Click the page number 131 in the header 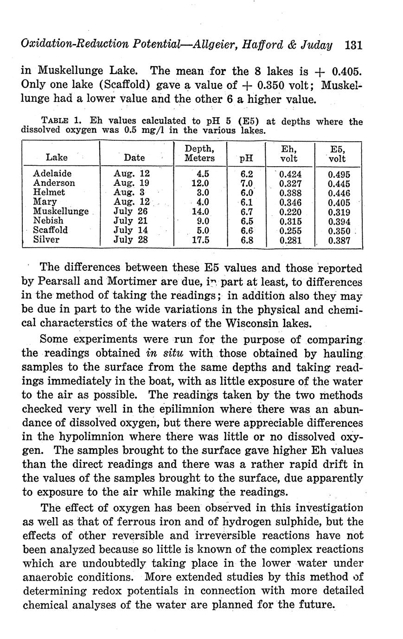click(x=353, y=45)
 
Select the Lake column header click(x=57, y=157)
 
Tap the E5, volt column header click(x=337, y=153)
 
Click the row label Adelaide click(x=52, y=174)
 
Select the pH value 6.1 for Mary click(x=247, y=202)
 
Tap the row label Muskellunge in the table click(x=61, y=212)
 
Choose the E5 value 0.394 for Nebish click(x=339, y=221)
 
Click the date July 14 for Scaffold click(x=130, y=230)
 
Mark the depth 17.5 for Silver click(x=200, y=240)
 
